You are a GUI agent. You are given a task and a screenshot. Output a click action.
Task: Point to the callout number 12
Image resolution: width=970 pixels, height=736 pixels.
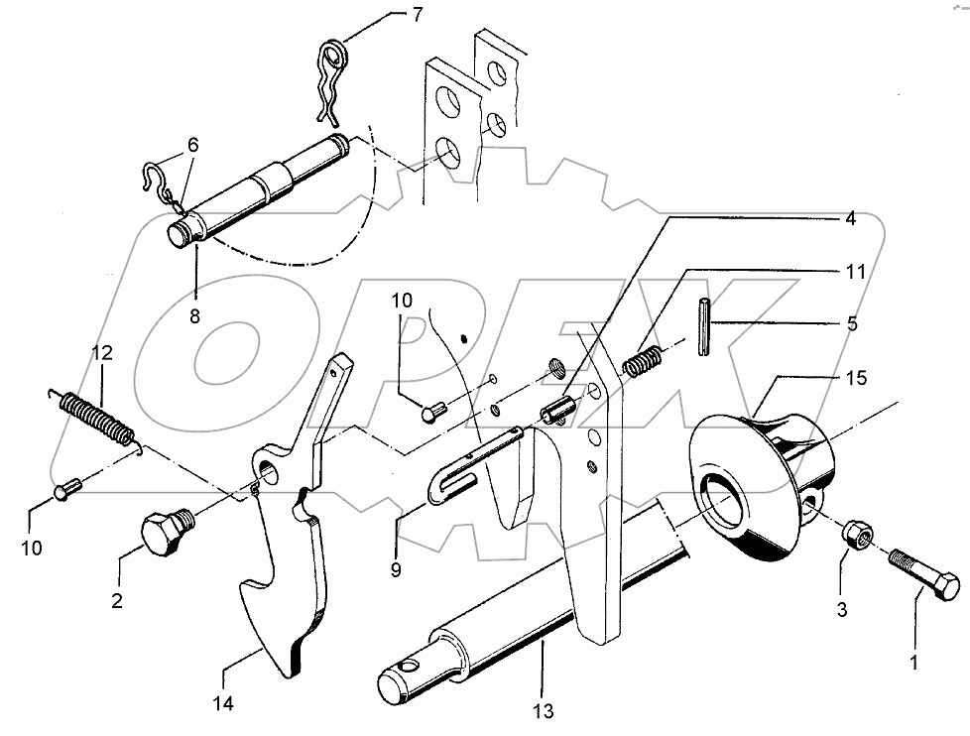(x=103, y=352)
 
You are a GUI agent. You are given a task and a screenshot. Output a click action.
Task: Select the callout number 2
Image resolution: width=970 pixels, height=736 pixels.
(x=118, y=601)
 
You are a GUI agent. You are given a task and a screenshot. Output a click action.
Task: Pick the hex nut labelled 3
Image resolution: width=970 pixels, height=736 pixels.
(x=859, y=536)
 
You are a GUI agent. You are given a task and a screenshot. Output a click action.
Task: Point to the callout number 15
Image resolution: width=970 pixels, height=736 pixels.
(x=856, y=377)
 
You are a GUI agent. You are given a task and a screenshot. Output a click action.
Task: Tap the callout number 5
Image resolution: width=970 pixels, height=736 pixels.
(x=852, y=323)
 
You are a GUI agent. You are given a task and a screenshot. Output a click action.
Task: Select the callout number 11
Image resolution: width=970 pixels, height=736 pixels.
(x=856, y=271)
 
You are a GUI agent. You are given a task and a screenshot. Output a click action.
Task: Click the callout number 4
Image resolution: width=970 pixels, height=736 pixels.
(x=850, y=219)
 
